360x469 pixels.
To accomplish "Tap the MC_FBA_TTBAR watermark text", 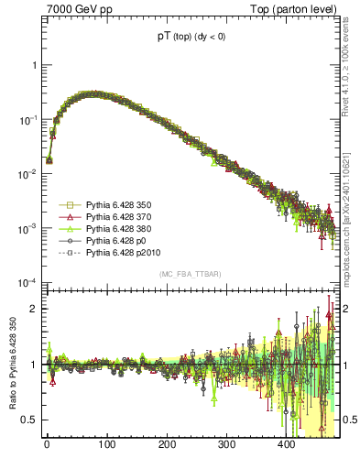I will (x=187, y=274).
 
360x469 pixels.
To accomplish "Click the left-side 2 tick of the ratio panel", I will (x=30, y=308).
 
